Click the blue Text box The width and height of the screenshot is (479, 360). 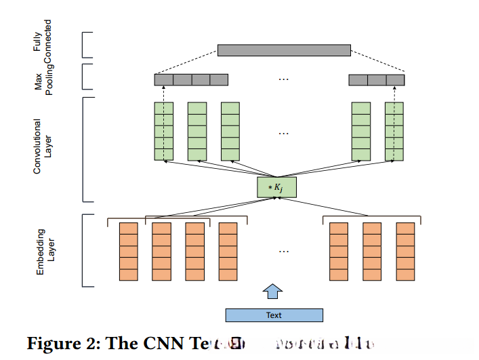(274, 315)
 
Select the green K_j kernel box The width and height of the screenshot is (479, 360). (276, 187)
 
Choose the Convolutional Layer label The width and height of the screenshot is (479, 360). (42, 147)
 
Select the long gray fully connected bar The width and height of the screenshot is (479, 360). (284, 50)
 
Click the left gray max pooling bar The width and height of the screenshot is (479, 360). (191, 80)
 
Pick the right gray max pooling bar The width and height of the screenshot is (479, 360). (376, 80)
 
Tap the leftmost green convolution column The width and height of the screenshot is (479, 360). (164, 132)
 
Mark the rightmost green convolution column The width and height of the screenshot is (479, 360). (394, 132)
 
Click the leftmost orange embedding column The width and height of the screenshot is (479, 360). (128, 252)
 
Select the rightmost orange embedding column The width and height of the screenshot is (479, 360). (405, 252)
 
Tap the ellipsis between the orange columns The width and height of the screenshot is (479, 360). (284, 252)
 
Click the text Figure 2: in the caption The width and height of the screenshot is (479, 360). (62, 344)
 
